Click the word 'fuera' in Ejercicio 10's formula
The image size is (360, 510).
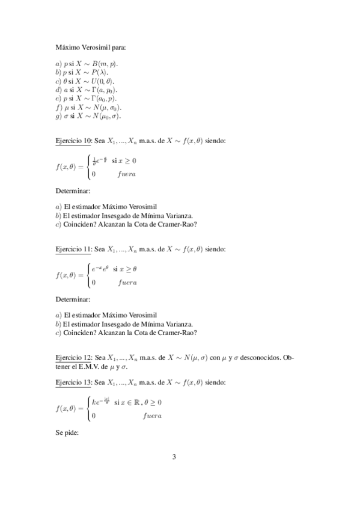tap(126, 174)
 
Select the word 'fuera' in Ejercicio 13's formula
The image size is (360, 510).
tap(152, 416)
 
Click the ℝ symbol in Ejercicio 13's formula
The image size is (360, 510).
tap(134, 402)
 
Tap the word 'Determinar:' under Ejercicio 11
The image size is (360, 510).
tap(73, 299)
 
